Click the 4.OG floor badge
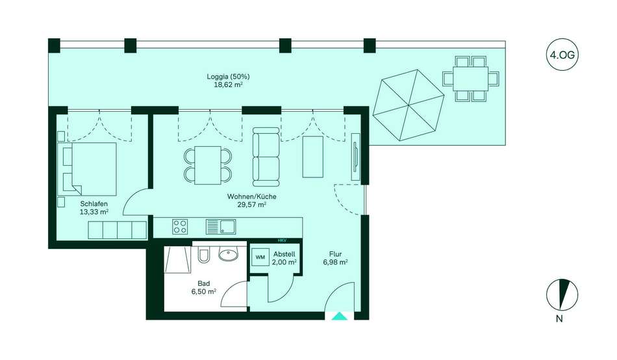[562, 55]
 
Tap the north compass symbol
[562, 294]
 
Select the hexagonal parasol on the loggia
[409, 105]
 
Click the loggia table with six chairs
[470, 79]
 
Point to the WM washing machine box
[260, 257]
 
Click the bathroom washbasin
[228, 255]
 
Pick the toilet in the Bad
[203, 255]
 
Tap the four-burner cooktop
[180, 227]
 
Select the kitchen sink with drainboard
[221, 227]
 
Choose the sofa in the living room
[266, 157]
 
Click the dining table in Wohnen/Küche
[208, 165]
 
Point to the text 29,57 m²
[252, 205]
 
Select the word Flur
[335, 254]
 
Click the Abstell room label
[284, 254]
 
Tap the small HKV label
[281, 240]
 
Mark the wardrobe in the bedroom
[118, 230]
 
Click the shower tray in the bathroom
[177, 259]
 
